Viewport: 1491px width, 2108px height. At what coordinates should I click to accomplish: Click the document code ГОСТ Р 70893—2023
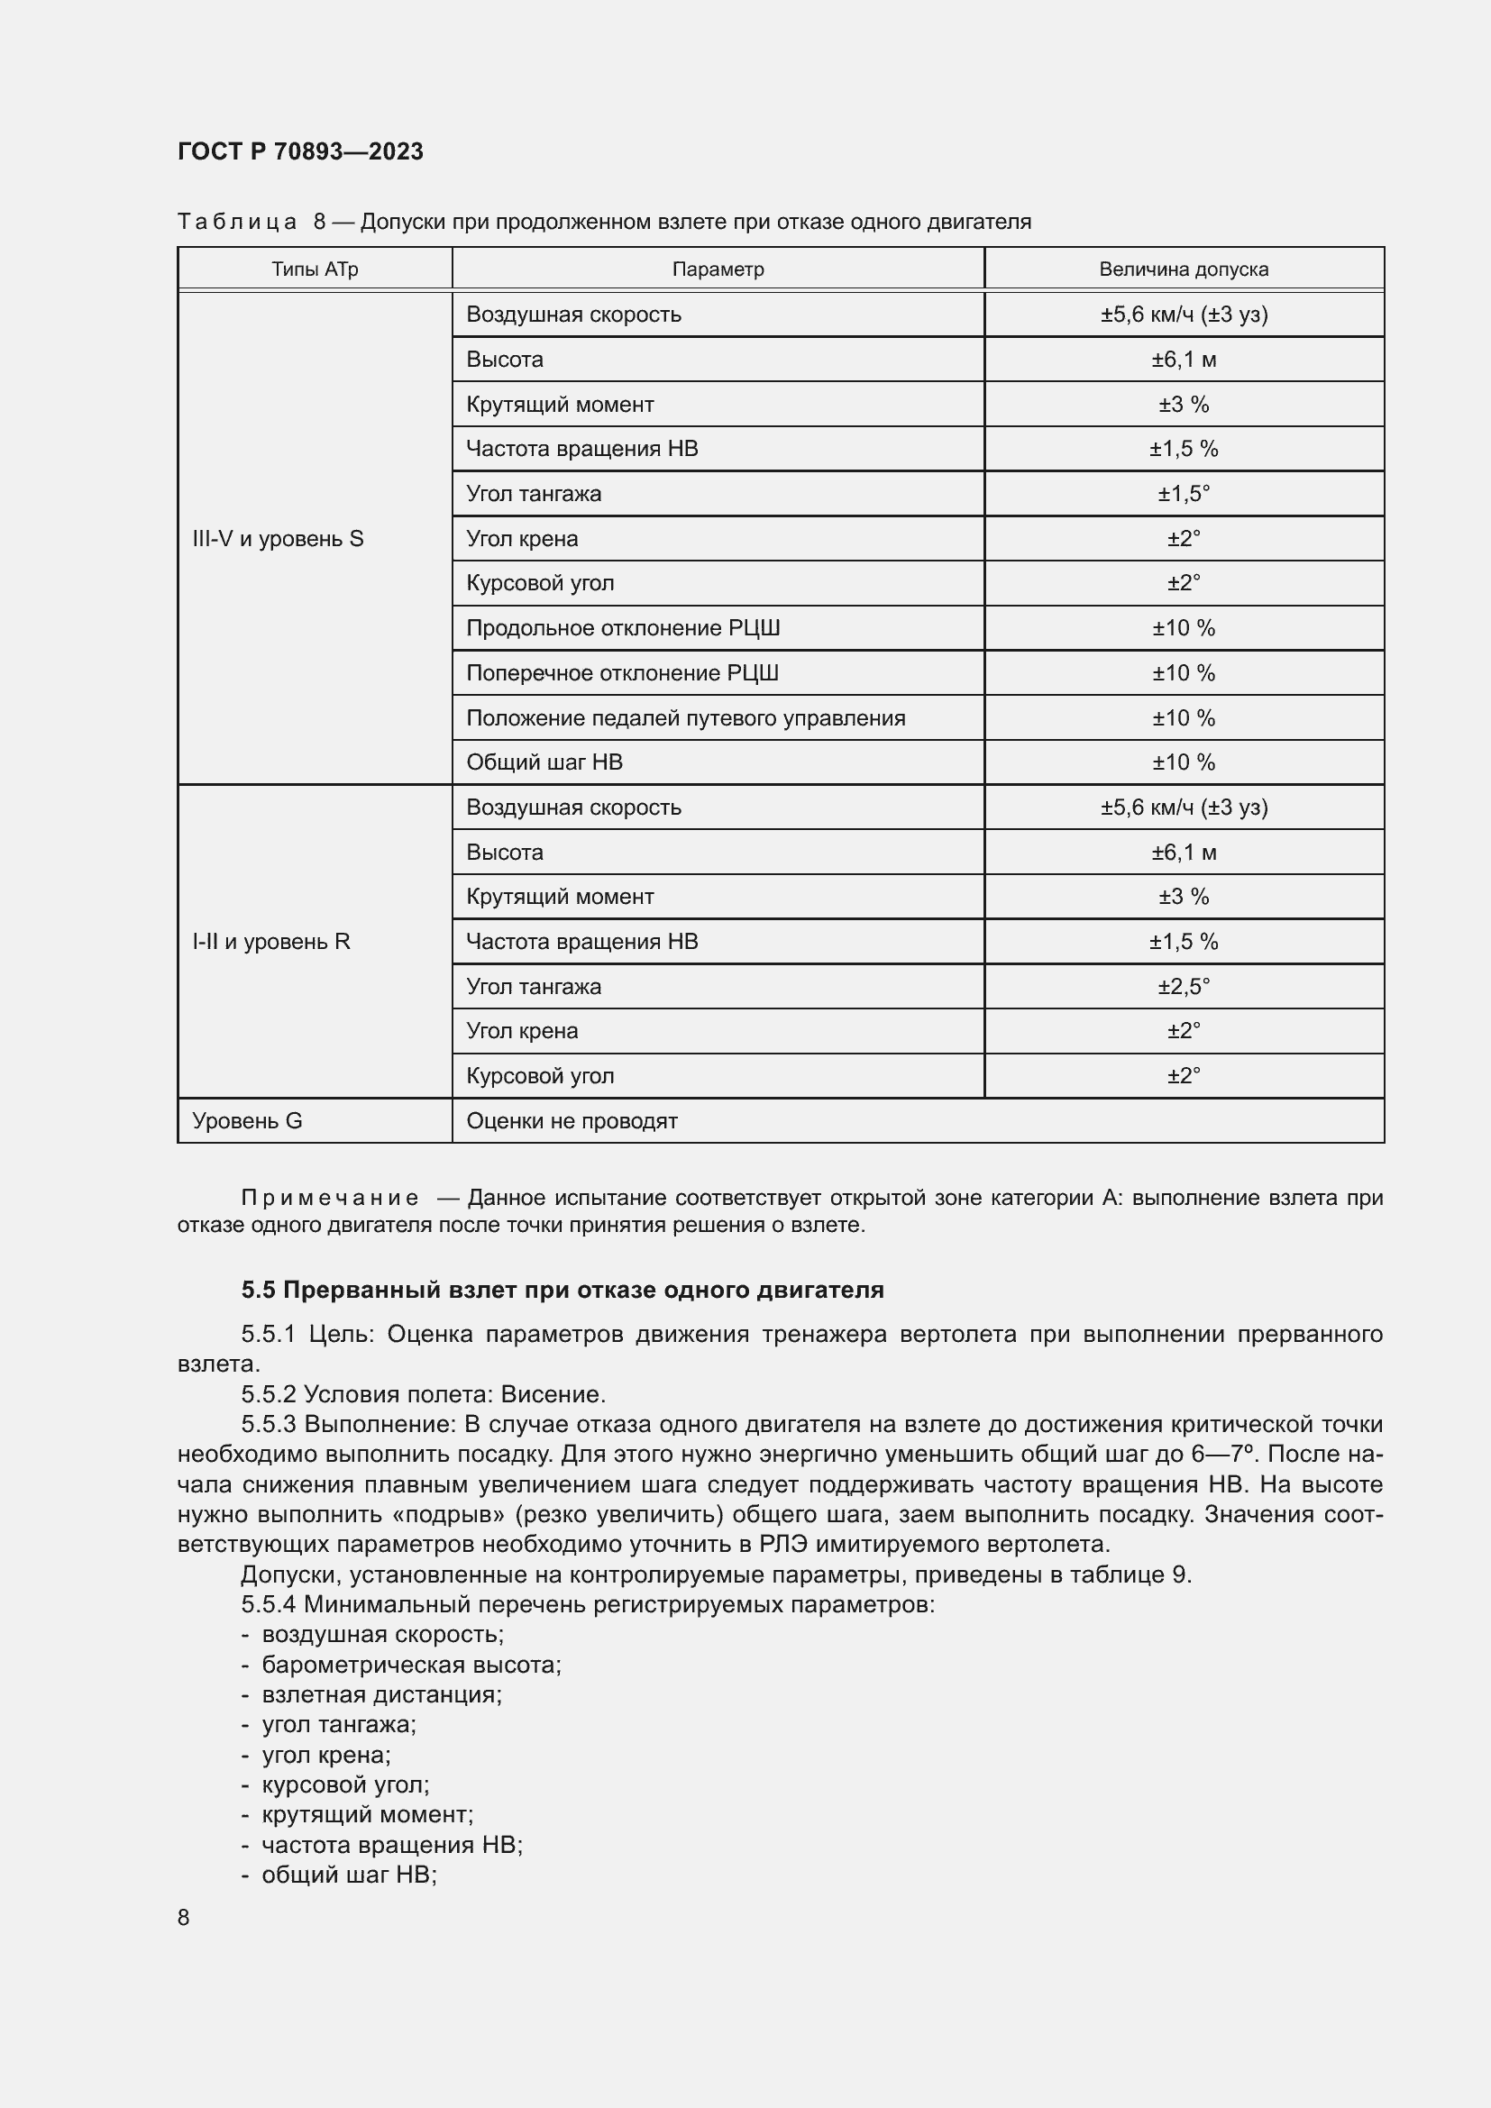pyautogui.click(x=300, y=151)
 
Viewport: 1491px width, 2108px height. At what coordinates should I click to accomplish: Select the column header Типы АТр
pyautogui.click(x=314, y=269)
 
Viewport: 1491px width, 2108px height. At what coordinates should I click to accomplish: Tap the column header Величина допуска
pyautogui.click(x=1183, y=269)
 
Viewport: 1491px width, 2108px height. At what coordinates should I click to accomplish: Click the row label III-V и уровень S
pyautogui.click(x=278, y=539)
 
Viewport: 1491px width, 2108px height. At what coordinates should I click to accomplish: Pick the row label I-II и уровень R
pyautogui.click(x=270, y=941)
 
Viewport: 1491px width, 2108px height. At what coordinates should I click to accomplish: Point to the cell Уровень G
pyautogui.click(x=247, y=1120)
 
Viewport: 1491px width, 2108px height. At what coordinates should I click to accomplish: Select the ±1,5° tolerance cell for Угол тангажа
pyautogui.click(x=1183, y=494)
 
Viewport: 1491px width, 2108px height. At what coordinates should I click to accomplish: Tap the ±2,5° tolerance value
pyautogui.click(x=1183, y=986)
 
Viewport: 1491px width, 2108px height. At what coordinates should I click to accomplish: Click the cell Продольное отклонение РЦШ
pyautogui.click(x=623, y=628)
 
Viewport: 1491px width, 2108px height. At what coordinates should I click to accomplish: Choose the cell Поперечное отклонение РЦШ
pyautogui.click(x=622, y=673)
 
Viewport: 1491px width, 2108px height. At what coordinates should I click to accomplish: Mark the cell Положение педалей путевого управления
pyautogui.click(x=685, y=718)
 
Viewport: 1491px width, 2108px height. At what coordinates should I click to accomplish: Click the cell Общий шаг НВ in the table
pyautogui.click(x=544, y=762)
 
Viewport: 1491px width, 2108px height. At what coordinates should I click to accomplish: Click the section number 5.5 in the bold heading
pyautogui.click(x=258, y=1290)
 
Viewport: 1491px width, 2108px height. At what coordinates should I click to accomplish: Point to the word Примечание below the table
pyautogui.click(x=330, y=1197)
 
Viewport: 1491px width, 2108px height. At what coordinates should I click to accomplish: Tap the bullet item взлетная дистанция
pyautogui.click(x=381, y=1694)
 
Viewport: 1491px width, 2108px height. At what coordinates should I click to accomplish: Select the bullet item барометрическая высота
pyautogui.click(x=410, y=1665)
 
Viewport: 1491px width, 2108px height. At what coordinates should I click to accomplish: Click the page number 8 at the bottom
pyautogui.click(x=184, y=1917)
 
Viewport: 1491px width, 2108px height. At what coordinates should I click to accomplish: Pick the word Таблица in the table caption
pyautogui.click(x=237, y=222)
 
